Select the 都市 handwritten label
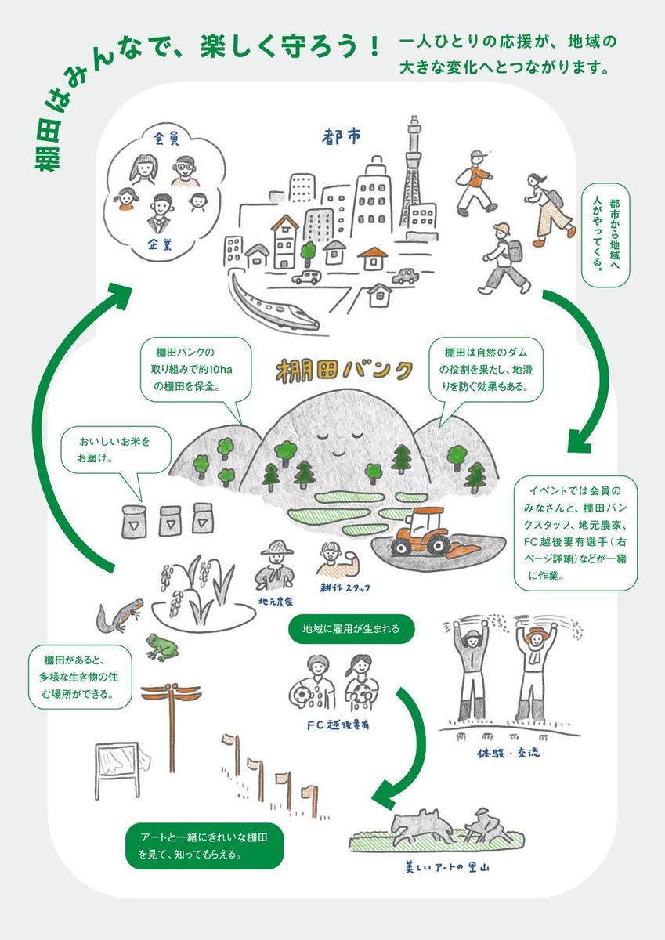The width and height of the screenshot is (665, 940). [342, 138]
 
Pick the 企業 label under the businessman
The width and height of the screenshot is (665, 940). [162, 244]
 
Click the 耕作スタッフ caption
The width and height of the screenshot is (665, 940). [345, 587]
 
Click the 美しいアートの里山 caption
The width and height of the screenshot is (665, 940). [447, 867]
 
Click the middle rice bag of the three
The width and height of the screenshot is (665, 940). [171, 519]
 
